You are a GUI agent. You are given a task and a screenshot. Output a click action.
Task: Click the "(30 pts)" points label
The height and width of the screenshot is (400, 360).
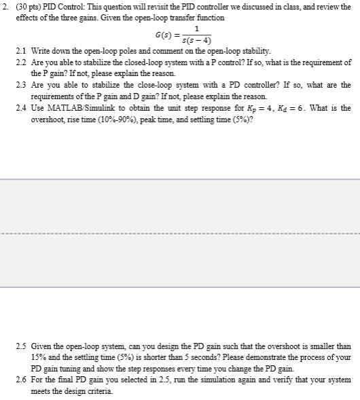pos(26,6)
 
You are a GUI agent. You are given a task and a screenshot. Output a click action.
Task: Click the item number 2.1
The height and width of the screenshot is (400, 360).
pos(20,51)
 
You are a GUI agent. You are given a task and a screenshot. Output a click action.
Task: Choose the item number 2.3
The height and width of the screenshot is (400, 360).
pos(20,85)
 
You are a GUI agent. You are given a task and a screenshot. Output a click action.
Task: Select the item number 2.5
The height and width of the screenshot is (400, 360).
pos(20,346)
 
